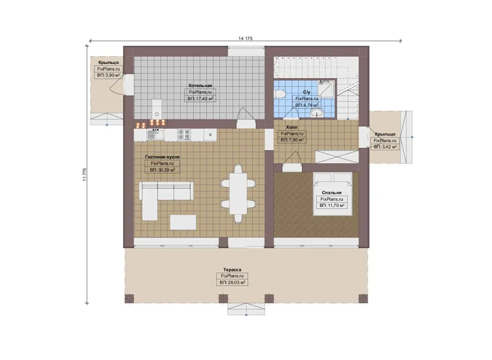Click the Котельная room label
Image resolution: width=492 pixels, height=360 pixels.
(200, 85)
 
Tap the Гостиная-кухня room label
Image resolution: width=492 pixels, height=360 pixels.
(162, 157)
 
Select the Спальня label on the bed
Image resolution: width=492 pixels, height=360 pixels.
(332, 192)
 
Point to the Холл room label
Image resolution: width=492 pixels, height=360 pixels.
(292, 127)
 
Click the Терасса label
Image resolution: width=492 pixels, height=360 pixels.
(232, 270)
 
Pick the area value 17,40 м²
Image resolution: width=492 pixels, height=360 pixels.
(201, 99)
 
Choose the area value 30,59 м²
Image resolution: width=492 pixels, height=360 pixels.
(162, 170)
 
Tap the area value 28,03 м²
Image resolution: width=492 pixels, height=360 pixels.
(232, 282)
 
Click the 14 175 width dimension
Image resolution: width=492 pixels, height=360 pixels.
(245, 39)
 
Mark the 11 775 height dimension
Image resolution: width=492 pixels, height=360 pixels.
(84, 175)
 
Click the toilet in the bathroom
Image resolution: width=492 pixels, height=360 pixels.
(279, 94)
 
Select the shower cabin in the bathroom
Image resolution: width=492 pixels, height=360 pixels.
(326, 88)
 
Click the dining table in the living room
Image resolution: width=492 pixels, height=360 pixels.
(238, 194)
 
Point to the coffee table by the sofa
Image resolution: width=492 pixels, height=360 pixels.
(183, 222)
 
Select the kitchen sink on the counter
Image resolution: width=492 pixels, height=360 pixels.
(156, 135)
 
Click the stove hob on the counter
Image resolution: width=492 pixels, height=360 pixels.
(184, 134)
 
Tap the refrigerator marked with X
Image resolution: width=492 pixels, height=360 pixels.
(210, 135)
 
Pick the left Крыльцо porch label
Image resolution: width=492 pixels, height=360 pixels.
(109, 62)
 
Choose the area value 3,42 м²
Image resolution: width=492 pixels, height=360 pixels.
(385, 147)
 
